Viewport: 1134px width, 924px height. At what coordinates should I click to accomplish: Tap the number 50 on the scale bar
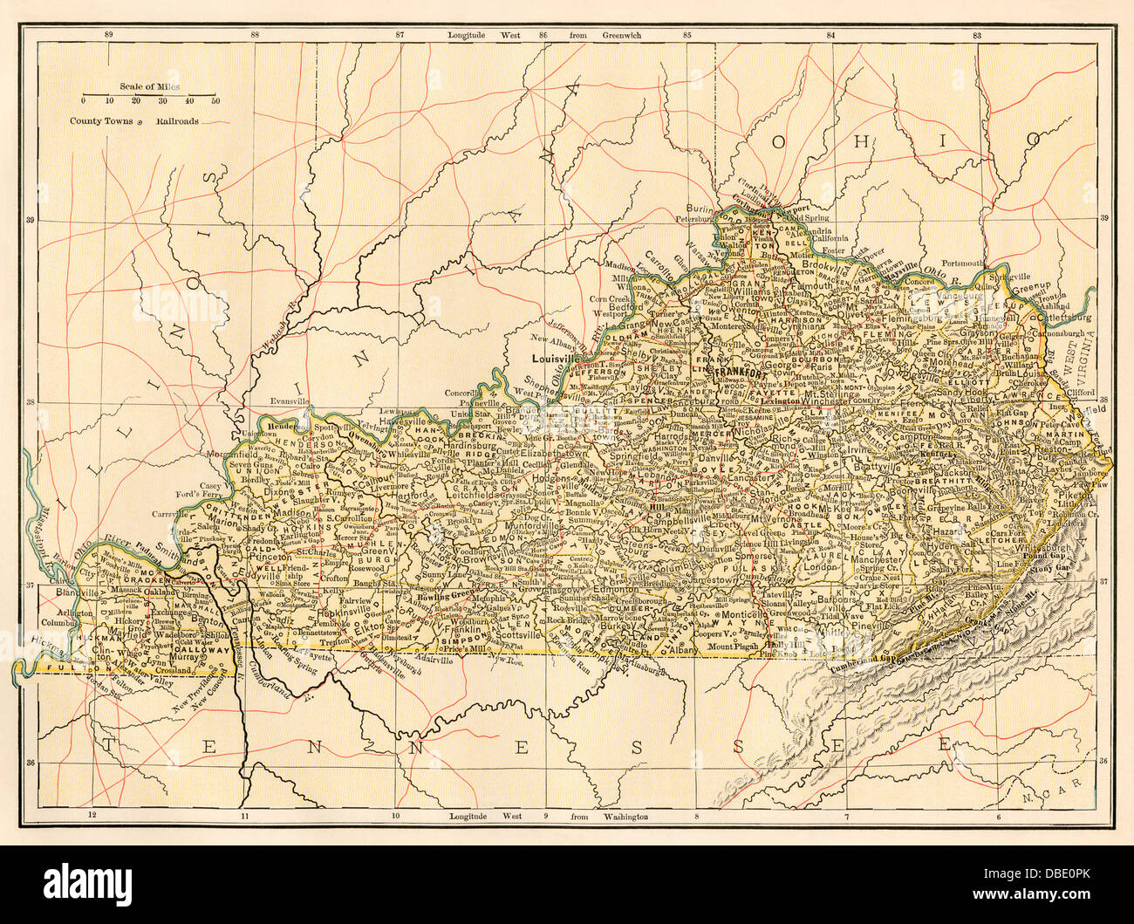coord(215,101)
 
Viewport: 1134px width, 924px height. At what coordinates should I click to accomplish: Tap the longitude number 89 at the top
coord(108,35)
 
